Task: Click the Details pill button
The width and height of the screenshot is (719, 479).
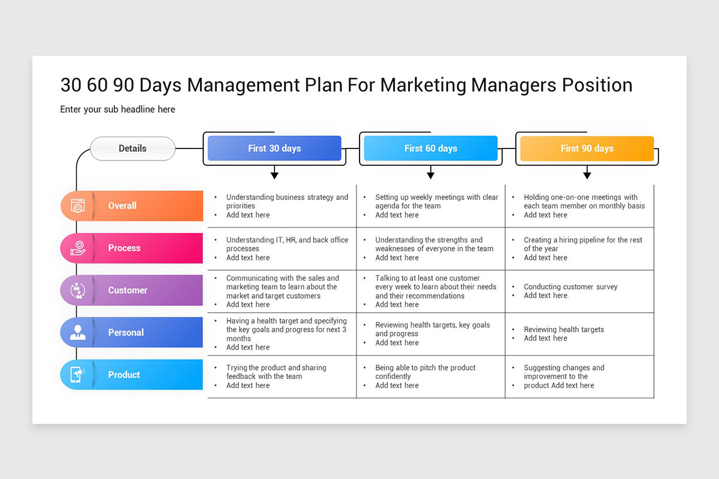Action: click(x=132, y=148)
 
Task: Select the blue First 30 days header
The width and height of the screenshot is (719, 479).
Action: click(x=274, y=148)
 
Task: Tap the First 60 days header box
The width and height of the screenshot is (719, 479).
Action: click(x=430, y=148)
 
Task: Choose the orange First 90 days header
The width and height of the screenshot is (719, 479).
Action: click(x=587, y=148)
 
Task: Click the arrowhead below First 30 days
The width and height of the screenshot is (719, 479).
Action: click(x=274, y=175)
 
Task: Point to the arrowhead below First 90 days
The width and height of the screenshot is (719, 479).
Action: click(x=587, y=175)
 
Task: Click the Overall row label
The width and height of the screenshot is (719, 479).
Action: click(x=122, y=205)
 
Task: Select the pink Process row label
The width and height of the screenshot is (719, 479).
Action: click(x=124, y=248)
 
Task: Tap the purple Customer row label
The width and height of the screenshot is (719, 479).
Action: click(x=127, y=290)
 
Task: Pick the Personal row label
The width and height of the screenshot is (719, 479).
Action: click(x=126, y=332)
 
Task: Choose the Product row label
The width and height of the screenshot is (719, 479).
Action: click(x=124, y=375)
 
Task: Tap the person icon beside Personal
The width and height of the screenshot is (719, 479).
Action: click(x=78, y=332)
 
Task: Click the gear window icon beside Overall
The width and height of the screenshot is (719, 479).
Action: click(x=78, y=206)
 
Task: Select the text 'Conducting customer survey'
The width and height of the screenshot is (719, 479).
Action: click(x=570, y=287)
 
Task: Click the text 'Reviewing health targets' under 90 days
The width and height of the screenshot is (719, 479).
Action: click(x=564, y=329)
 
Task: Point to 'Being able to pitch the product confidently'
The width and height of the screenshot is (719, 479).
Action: click(x=425, y=372)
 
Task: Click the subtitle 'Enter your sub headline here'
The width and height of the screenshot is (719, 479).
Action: click(x=117, y=110)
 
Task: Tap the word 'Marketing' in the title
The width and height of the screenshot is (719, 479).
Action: click(x=424, y=85)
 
